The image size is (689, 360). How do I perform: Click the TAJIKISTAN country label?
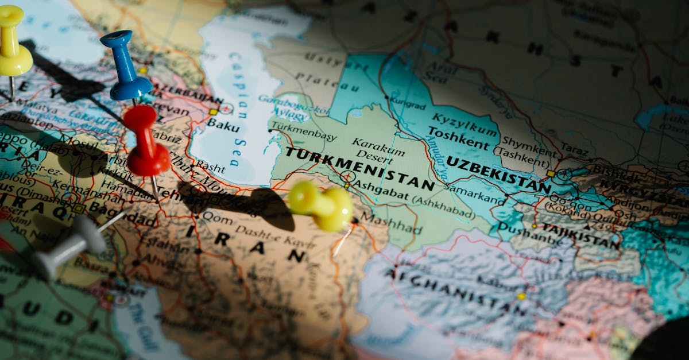point(580,235)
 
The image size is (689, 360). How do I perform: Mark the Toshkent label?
point(458,136)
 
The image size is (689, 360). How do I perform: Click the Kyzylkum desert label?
point(464,122)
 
